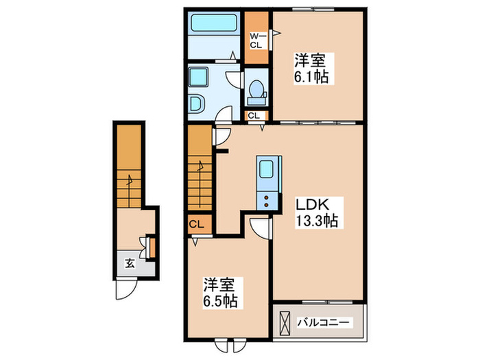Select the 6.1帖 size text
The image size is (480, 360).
click(311, 76)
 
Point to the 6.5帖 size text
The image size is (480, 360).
click(219, 301)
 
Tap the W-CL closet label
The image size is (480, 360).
click(256, 40)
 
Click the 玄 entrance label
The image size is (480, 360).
click(129, 263)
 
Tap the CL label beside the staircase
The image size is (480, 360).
click(195, 224)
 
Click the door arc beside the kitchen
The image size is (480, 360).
click(259, 228)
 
